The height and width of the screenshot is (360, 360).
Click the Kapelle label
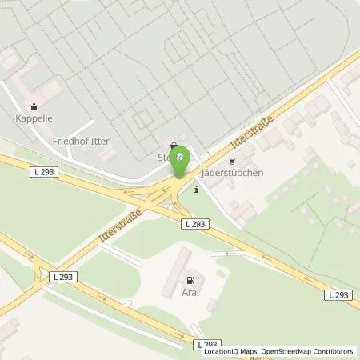point(35,118)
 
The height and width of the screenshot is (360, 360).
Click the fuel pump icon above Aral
point(190,281)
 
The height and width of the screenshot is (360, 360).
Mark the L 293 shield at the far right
point(338,295)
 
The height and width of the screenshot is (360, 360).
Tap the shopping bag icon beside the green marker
point(174,146)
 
